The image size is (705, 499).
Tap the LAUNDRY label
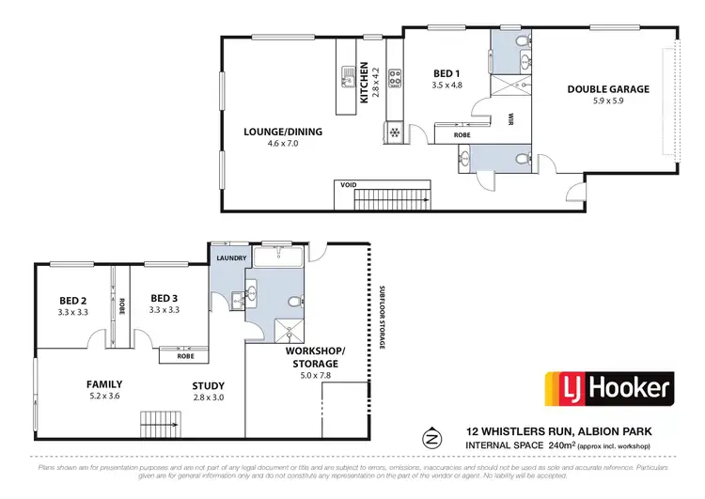[x=230, y=257]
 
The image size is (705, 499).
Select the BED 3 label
[x=164, y=298]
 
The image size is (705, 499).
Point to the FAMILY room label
[x=104, y=384]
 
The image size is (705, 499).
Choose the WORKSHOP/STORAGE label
[x=315, y=356]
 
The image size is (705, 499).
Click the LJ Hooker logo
[x=609, y=387]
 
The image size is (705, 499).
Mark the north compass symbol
[x=432, y=437]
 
